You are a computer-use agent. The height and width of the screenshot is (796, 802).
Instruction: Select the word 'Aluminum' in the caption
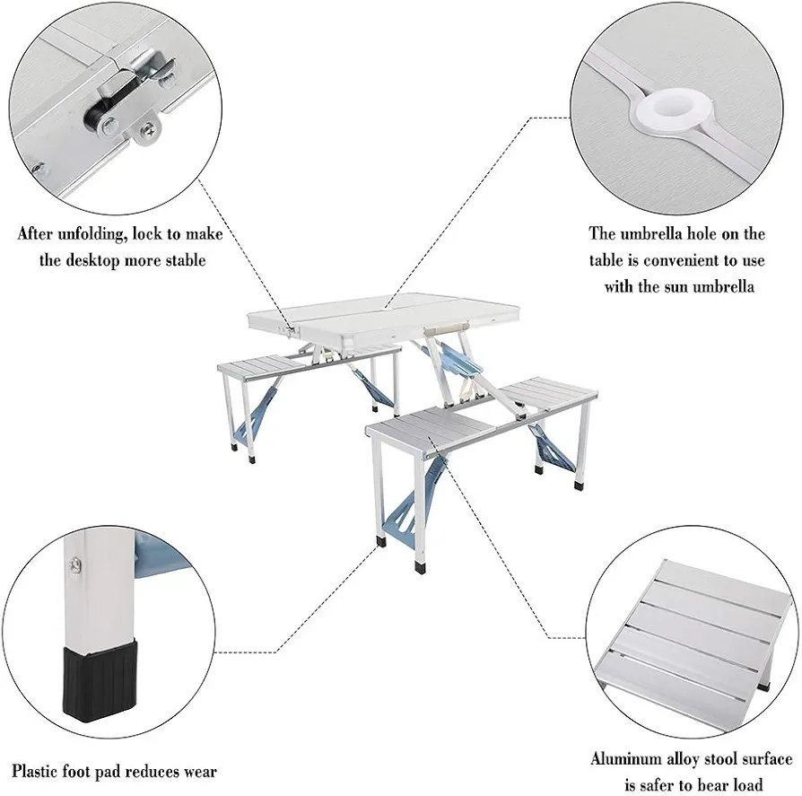point(625,758)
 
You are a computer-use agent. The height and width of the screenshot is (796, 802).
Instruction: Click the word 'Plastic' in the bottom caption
point(39,770)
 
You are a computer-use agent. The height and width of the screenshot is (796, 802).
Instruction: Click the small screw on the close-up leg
point(76,563)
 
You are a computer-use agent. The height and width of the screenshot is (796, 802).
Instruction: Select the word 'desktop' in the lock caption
point(100,260)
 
